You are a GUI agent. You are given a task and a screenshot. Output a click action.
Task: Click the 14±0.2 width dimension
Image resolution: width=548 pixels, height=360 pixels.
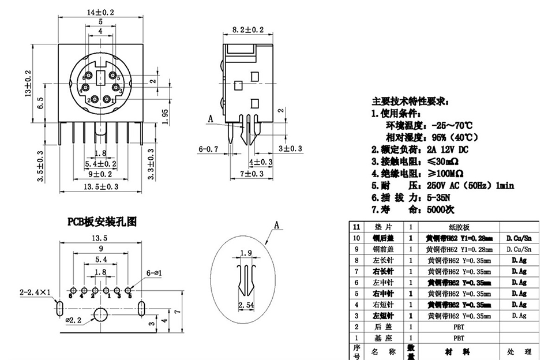(100, 11)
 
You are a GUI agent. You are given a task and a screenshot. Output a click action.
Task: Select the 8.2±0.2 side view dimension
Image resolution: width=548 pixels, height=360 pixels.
(247, 29)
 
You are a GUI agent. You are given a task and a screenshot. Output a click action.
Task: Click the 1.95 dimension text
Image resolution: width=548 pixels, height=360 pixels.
(165, 117)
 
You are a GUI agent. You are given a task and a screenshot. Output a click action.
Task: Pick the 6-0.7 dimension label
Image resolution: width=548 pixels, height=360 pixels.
(208, 149)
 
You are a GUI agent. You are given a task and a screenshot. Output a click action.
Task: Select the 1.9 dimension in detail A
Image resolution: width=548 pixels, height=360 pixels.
(247, 252)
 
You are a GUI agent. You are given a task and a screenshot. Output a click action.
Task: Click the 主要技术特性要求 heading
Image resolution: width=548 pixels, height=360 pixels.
(410, 102)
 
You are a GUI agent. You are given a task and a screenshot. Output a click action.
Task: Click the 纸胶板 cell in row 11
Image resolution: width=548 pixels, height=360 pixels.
(459, 227)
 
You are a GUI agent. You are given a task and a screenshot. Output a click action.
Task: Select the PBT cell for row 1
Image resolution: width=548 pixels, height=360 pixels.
(459, 338)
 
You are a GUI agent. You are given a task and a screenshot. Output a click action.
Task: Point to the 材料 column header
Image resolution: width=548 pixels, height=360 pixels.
(459, 351)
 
